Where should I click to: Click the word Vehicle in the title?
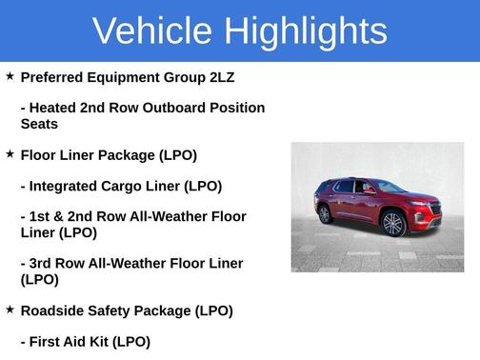153,30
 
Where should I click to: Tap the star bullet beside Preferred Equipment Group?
10,75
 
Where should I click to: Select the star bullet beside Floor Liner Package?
10,153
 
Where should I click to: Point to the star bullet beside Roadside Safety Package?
10,310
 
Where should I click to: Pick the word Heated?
57,108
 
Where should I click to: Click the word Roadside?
56,310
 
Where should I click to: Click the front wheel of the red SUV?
392,224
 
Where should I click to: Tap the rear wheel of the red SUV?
326,214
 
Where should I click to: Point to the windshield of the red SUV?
389,187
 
